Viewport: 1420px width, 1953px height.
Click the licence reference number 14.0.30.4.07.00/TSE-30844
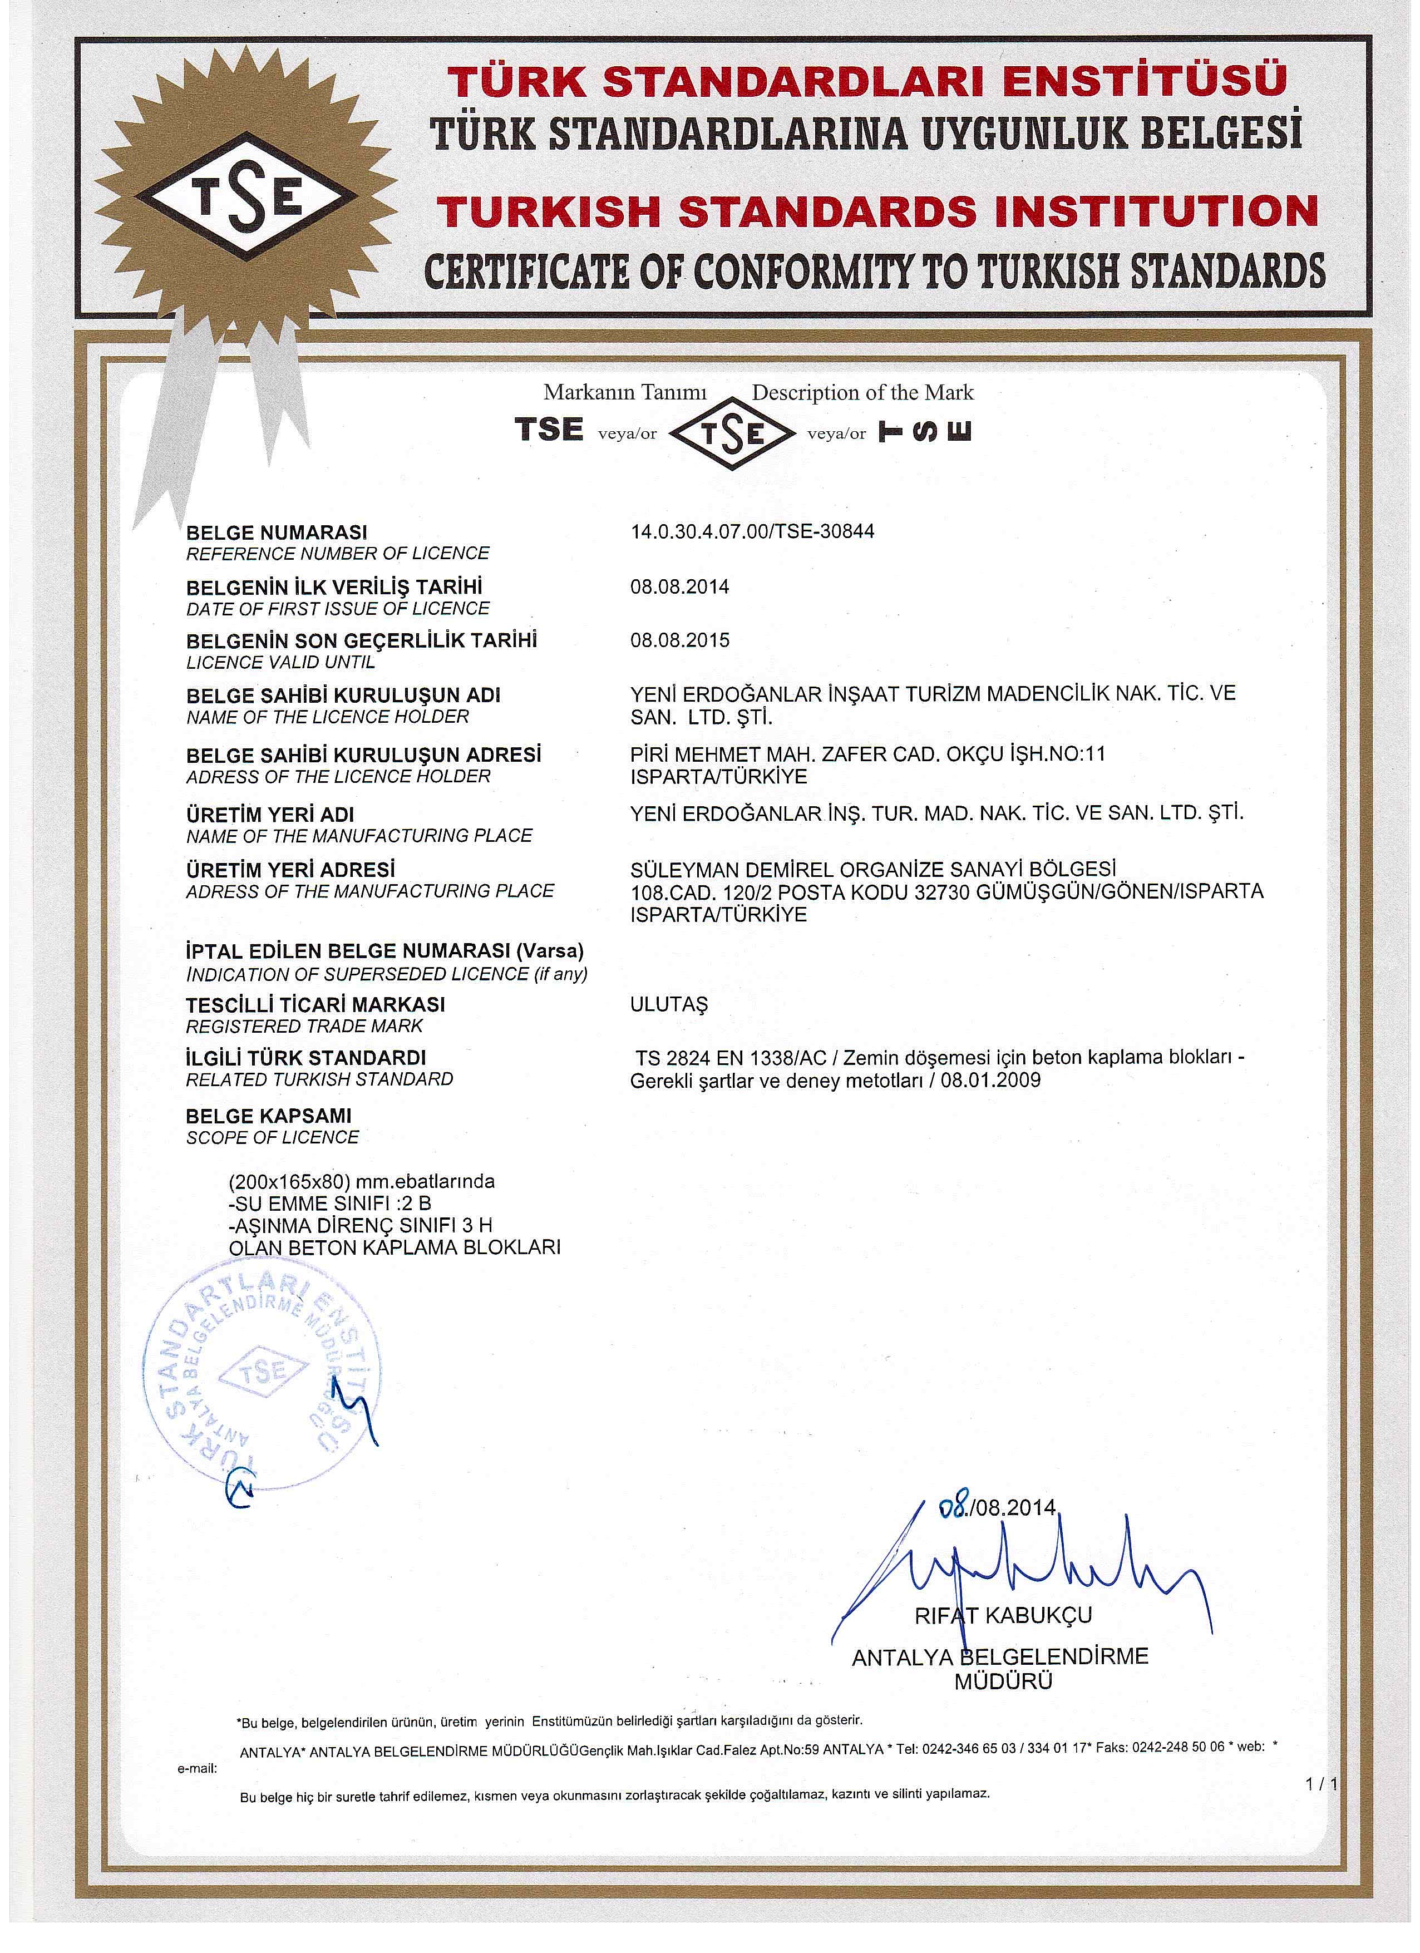point(752,531)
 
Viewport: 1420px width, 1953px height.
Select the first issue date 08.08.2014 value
point(679,587)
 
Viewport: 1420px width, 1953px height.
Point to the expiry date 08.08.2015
point(679,640)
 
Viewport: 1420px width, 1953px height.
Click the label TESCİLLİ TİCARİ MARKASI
point(315,1005)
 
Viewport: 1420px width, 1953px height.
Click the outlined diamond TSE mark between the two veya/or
point(731,433)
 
